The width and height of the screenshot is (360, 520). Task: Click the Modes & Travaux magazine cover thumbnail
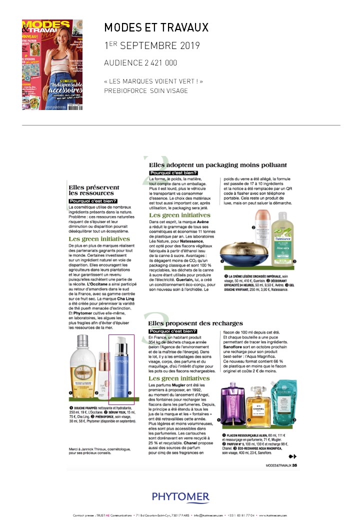point(52,64)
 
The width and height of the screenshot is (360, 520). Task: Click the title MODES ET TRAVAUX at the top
point(156,27)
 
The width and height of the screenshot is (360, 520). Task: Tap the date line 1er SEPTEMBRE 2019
point(152,46)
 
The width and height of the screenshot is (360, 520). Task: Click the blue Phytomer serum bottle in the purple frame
point(121,369)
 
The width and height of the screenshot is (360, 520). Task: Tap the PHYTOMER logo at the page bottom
point(181,496)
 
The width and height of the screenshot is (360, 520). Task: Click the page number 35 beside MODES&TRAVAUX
point(295,465)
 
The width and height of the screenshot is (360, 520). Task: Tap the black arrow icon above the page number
point(293,455)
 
